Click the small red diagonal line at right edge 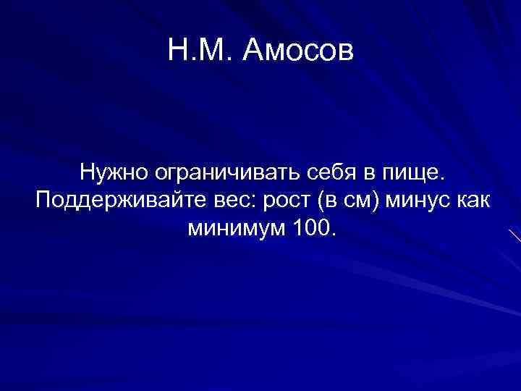(x=514, y=235)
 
